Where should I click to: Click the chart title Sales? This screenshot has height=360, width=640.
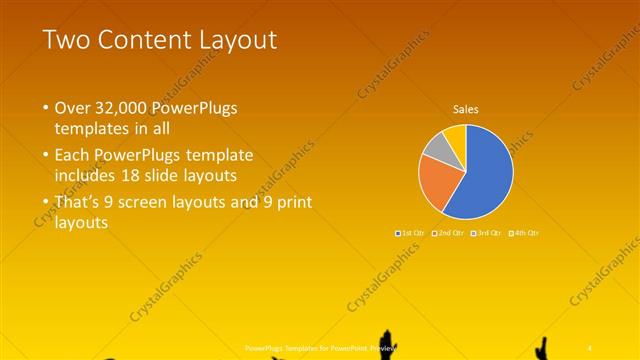[x=465, y=108]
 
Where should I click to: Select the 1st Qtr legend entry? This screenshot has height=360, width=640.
[x=413, y=233]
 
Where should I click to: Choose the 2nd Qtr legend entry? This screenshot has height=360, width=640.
[x=451, y=233]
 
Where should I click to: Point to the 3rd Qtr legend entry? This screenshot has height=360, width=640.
[x=488, y=233]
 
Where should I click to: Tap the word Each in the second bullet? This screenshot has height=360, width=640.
[x=73, y=155]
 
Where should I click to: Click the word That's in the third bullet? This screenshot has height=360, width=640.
[x=79, y=203]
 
